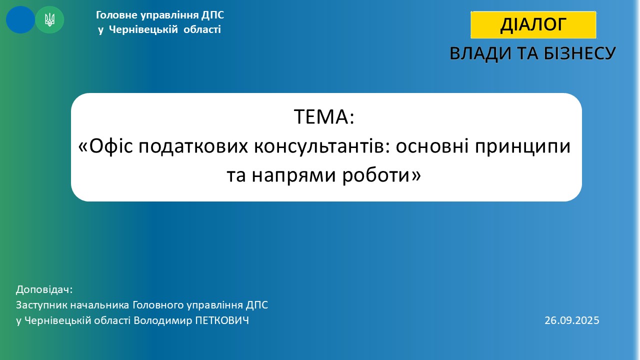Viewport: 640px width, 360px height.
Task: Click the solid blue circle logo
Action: pyautogui.click(x=20, y=19)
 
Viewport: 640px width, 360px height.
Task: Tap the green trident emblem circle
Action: pyautogui.click(x=49, y=19)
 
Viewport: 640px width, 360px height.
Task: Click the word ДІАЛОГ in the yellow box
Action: pyautogui.click(x=533, y=24)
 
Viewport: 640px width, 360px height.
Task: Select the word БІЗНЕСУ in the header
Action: pyautogui.click(x=579, y=53)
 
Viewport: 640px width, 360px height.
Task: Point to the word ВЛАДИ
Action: pyautogui.click(x=481, y=54)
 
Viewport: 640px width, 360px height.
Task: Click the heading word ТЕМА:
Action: pyautogui.click(x=324, y=116)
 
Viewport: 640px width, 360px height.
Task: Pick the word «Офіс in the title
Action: pyautogui.click(x=105, y=146)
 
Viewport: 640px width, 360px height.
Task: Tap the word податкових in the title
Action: pyautogui.click(x=193, y=146)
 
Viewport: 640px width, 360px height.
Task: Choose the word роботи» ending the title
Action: pyautogui.click(x=381, y=175)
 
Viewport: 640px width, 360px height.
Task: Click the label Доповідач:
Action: pyautogui.click(x=44, y=289)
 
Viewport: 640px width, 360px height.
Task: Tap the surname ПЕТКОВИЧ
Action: pyautogui.click(x=222, y=320)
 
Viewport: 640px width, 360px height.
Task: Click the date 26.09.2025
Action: pyautogui.click(x=571, y=320)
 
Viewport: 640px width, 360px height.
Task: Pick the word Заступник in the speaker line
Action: pyautogui.click(x=41, y=305)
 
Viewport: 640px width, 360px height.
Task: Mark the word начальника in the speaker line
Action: pyautogui.click(x=99, y=305)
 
